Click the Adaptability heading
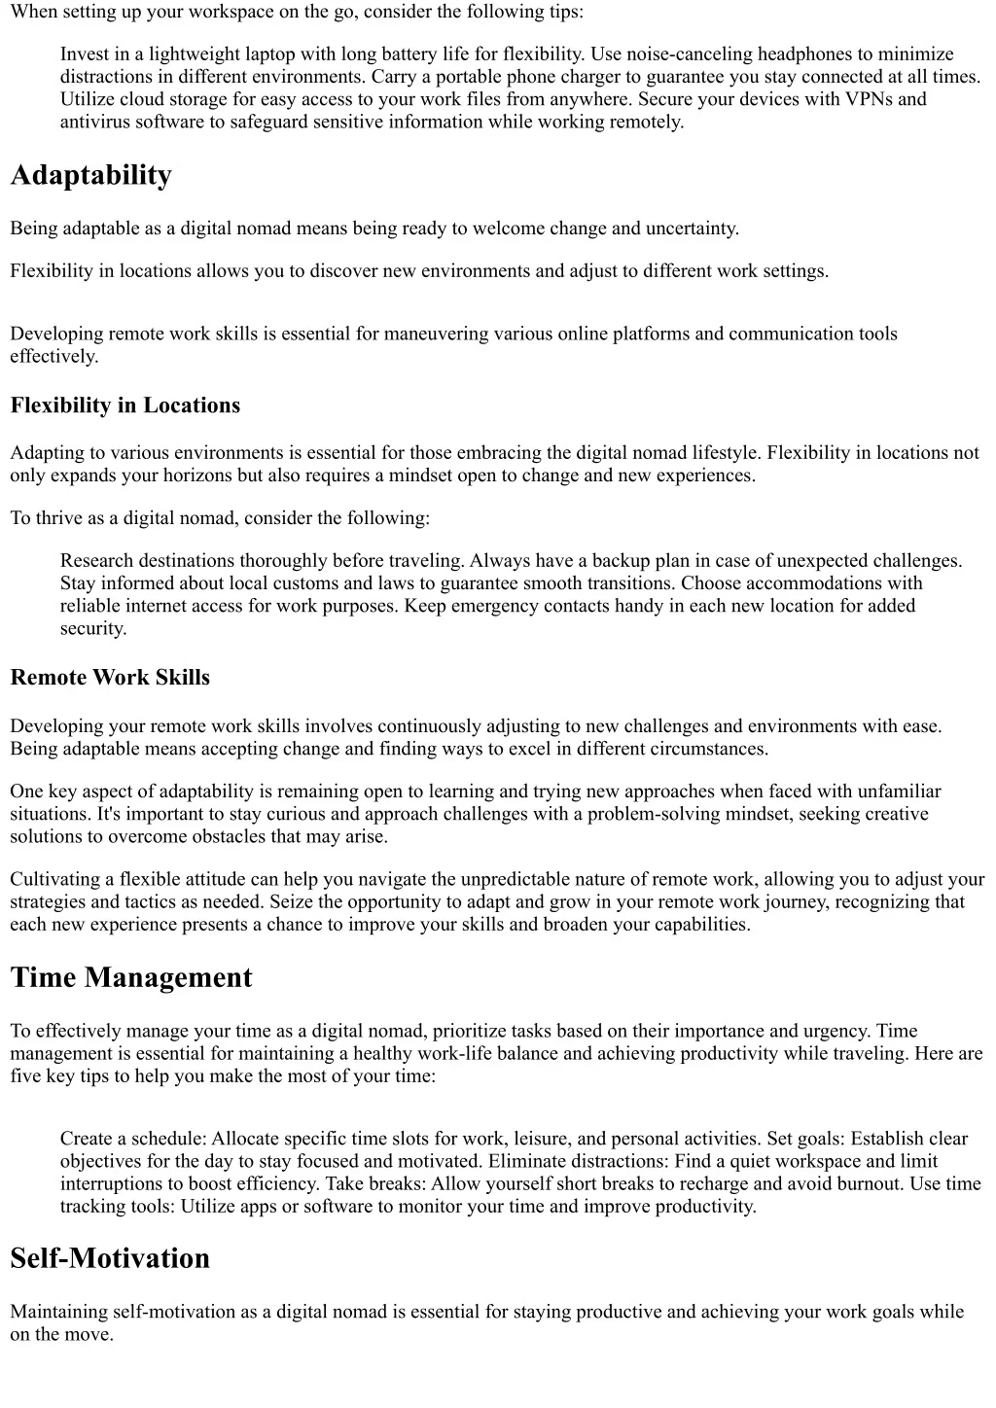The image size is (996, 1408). tap(90, 175)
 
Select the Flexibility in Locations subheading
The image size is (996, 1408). tap(124, 405)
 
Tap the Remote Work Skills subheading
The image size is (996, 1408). tap(110, 678)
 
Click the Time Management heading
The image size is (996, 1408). tap(131, 977)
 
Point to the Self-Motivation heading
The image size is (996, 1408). tap(110, 1258)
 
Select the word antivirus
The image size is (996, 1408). tap(94, 122)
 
